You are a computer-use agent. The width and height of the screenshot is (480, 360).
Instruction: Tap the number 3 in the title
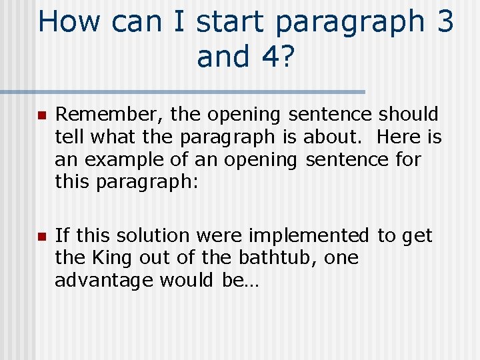[445, 21]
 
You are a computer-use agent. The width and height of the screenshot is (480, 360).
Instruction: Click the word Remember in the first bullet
[106, 114]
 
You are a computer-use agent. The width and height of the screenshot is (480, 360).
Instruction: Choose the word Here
[399, 137]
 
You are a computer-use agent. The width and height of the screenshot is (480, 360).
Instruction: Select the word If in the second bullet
[61, 235]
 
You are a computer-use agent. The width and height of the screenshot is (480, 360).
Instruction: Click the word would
[185, 281]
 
